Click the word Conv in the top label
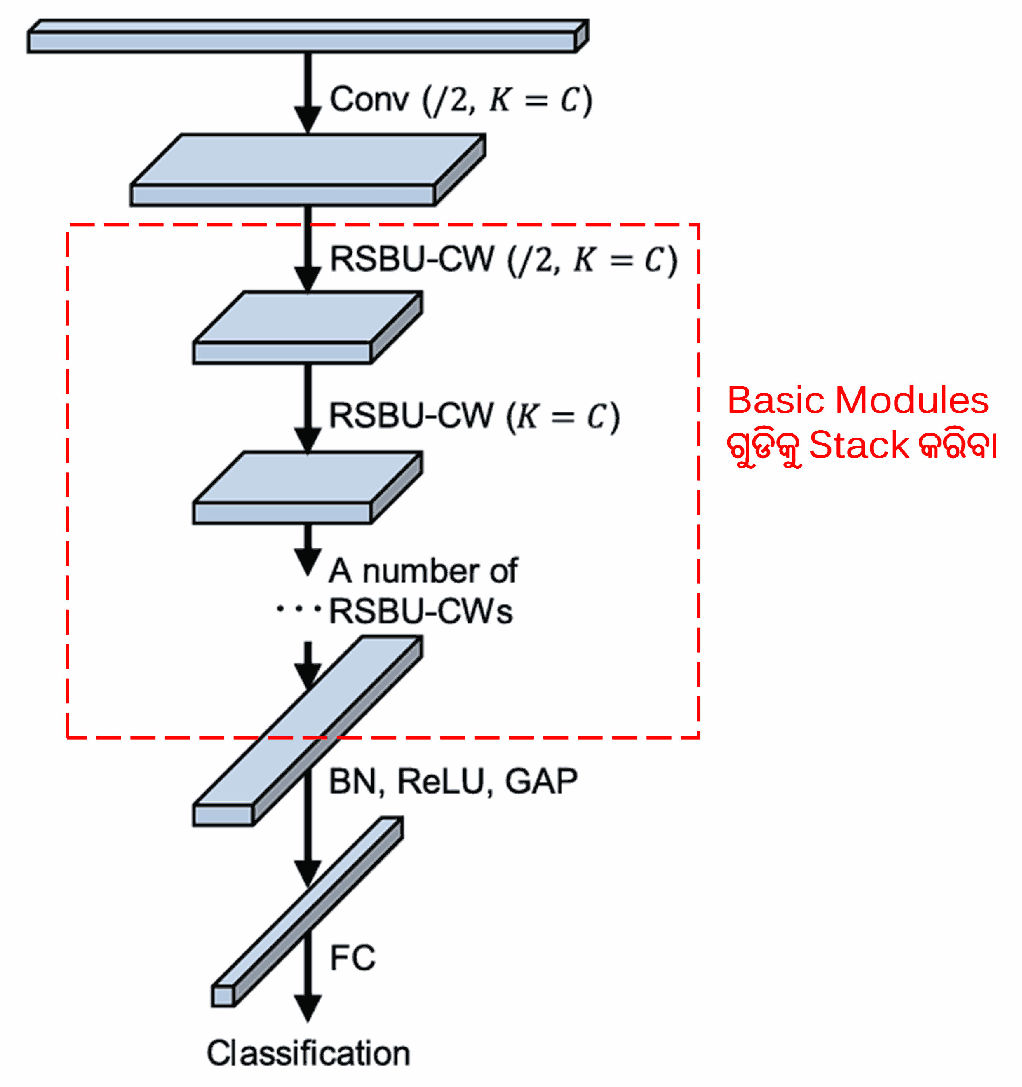click(x=369, y=100)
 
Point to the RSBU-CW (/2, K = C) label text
click(x=503, y=260)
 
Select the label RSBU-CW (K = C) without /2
click(x=474, y=417)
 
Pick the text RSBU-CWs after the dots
click(x=420, y=612)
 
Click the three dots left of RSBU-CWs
click(x=298, y=609)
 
